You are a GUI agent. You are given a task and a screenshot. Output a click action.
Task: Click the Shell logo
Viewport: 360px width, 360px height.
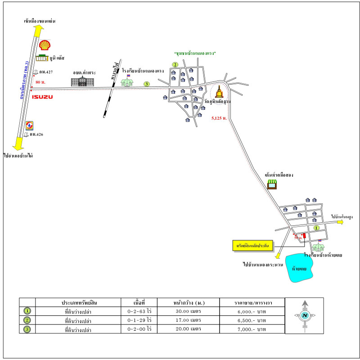click(44, 45)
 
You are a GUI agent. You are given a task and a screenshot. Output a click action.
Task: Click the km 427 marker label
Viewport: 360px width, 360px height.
click(46, 72)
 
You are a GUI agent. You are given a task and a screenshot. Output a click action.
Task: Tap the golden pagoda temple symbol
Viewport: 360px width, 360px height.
click(219, 92)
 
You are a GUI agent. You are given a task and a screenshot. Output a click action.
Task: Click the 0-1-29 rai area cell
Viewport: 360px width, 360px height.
click(139, 320)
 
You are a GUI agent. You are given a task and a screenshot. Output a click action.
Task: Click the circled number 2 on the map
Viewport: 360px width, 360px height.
click(175, 64)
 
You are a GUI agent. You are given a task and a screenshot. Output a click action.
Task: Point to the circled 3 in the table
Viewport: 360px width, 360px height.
click(27, 329)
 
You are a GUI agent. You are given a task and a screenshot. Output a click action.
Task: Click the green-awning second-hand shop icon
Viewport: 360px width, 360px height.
click(272, 184)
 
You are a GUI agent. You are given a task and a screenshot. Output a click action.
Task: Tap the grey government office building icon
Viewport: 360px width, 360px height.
click(83, 81)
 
